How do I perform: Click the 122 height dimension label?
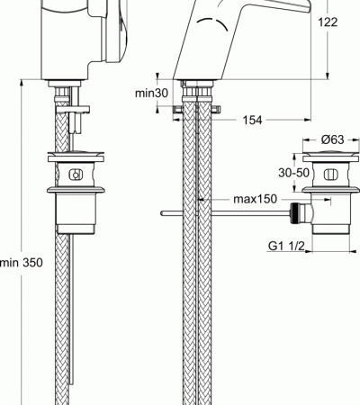(328, 22)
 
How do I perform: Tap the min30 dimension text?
(151, 93)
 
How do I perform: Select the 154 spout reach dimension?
(252, 120)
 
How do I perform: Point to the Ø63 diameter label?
(333, 139)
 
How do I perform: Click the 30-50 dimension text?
(293, 173)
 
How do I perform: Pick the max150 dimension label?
(255, 199)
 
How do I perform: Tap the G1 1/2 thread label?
(286, 247)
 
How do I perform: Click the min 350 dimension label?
(22, 263)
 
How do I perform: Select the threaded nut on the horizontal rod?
(294, 213)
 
